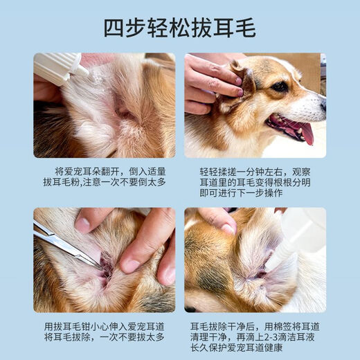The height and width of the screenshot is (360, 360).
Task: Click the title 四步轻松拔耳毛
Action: pyautogui.click(x=180, y=28)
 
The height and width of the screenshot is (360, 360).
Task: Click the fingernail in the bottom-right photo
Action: pyautogui.click(x=228, y=228)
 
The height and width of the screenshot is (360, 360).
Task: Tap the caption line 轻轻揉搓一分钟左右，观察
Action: pyautogui.click(x=256, y=170)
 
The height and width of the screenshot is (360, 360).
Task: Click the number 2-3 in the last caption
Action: pyautogui.click(x=260, y=337)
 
